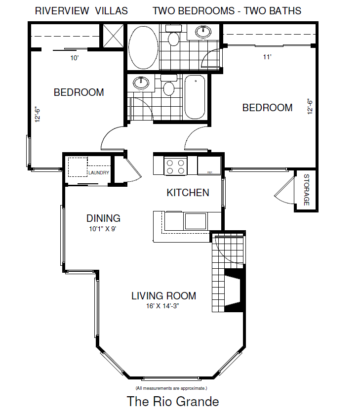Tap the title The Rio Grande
click(x=173, y=401)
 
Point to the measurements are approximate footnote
click(x=171, y=388)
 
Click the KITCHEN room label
click(x=188, y=193)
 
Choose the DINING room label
click(x=103, y=218)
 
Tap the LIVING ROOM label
click(x=163, y=296)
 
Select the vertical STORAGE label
click(x=306, y=190)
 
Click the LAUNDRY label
click(x=99, y=173)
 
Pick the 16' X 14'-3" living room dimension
click(x=163, y=306)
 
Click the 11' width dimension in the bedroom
click(x=267, y=57)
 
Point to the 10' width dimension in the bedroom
click(x=74, y=58)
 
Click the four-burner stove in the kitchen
click(x=175, y=166)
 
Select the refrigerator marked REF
click(x=209, y=166)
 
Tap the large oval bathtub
click(x=143, y=47)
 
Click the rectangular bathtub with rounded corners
click(x=195, y=97)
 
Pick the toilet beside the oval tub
click(x=173, y=38)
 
